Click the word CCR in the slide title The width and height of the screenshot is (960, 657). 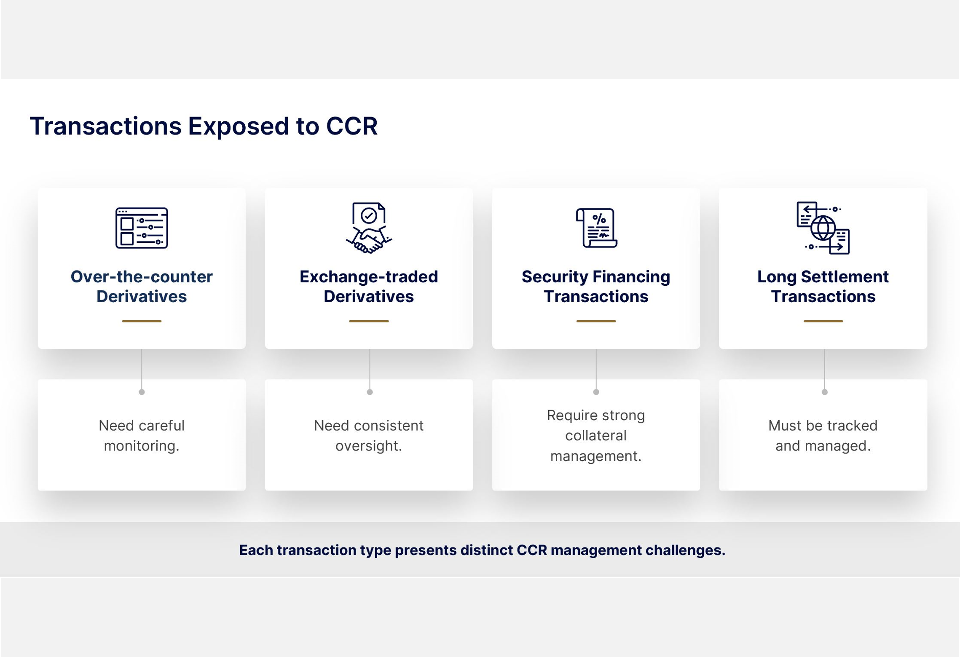[351, 126]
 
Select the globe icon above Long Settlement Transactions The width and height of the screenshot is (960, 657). [823, 228]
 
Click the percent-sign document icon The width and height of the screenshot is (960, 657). [596, 228]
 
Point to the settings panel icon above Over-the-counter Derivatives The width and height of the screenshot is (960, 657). [142, 228]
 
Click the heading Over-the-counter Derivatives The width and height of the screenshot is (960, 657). [142, 287]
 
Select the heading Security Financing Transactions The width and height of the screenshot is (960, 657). [595, 287]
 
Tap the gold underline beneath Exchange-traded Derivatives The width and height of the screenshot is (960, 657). [369, 321]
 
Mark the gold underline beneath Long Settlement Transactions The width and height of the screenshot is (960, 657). [823, 321]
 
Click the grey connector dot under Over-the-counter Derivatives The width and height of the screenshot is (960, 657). [142, 392]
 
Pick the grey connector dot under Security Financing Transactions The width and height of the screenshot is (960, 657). [596, 392]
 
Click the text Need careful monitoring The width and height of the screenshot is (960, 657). [142, 435]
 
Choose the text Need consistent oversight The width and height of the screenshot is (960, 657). [369, 435]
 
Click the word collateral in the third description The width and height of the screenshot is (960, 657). [595, 435]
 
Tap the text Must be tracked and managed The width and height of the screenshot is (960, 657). [823, 435]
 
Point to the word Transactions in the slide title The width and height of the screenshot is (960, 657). [105, 126]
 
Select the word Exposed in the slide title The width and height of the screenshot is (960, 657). [238, 126]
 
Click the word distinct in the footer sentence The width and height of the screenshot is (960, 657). [487, 550]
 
